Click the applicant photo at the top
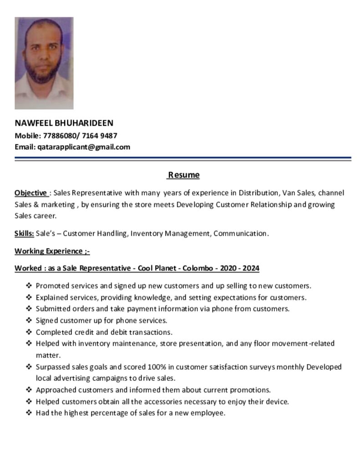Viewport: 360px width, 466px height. point(44,63)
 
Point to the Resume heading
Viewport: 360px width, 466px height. point(184,175)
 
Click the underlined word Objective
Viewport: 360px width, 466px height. point(31,193)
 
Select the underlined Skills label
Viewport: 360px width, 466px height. point(24,233)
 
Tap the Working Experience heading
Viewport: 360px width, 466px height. point(52,251)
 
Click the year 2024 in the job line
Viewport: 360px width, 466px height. point(250,268)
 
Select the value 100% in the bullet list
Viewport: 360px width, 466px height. point(157,367)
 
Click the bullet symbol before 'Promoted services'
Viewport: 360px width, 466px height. point(29,286)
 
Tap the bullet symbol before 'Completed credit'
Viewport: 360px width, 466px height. point(29,332)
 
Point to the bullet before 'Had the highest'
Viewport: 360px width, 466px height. point(29,413)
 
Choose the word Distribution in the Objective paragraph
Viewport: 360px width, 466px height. point(258,193)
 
